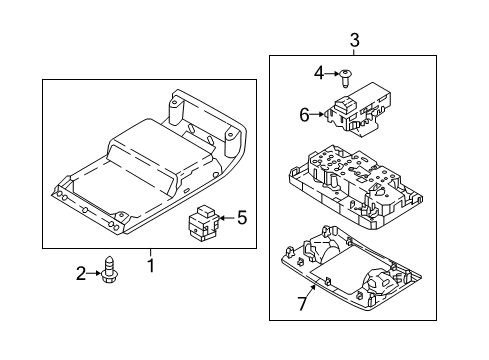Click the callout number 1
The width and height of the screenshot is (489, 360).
point(151,266)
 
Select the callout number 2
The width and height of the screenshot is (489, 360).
point(81,273)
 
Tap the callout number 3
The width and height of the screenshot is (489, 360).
point(355,40)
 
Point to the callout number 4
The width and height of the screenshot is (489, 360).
point(319,73)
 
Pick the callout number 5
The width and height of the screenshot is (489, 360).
point(242,218)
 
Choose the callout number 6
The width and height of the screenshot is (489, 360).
point(304,115)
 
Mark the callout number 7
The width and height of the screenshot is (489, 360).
point(302,304)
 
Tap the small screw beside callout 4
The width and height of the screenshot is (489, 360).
point(345,79)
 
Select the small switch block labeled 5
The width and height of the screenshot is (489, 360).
point(203,223)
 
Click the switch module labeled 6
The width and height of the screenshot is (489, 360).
point(357,109)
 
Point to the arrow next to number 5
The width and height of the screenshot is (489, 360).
point(227,218)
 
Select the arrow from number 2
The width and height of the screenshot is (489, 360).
point(94,273)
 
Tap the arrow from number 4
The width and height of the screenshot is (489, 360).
point(332,73)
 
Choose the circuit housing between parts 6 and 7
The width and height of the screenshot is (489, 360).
point(356,187)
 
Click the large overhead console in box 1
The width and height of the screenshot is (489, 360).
point(149,161)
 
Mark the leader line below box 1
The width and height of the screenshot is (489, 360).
point(150,253)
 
